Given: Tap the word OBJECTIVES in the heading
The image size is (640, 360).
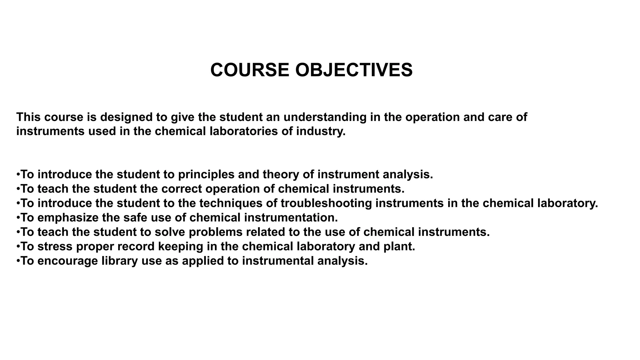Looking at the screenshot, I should (x=354, y=70).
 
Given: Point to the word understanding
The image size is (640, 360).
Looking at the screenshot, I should (x=325, y=117).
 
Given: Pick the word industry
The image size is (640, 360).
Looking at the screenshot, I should (x=321, y=131).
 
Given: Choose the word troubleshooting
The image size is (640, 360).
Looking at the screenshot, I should (x=326, y=203).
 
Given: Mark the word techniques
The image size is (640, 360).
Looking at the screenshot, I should (x=231, y=203).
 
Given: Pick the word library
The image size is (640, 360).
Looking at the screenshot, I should (x=120, y=261).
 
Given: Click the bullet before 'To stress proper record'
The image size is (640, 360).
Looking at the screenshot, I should (x=18, y=246).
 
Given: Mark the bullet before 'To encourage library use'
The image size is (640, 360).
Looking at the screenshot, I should (x=18, y=261).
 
